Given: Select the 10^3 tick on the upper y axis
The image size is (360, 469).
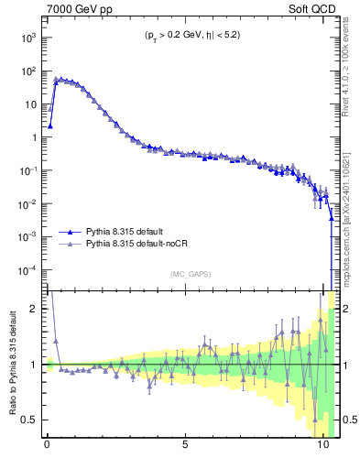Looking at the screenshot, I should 27,38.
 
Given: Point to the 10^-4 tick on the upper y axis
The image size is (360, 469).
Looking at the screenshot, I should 27,270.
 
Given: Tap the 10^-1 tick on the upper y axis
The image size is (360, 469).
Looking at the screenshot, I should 27,170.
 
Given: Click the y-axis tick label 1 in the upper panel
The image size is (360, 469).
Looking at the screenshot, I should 35,137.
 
